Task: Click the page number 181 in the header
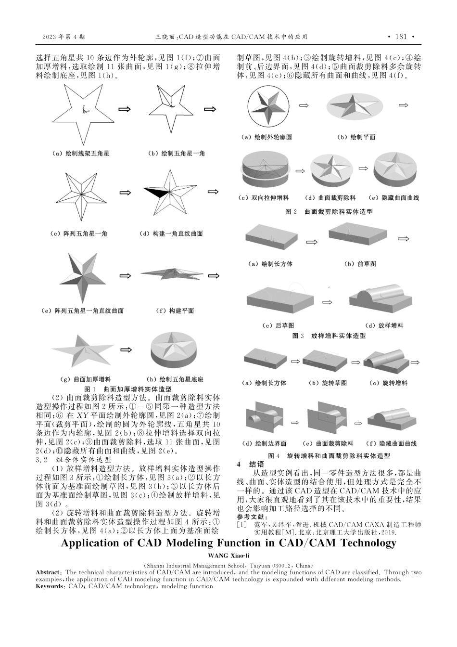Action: [x=400, y=37]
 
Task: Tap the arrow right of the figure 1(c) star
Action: [x=125, y=193]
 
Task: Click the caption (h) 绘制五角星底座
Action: [x=175, y=379]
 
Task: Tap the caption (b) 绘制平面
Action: [x=356, y=137]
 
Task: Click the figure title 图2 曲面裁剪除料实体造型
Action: [x=329, y=212]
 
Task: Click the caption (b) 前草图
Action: [x=360, y=264]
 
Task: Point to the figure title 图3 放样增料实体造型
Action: [x=329, y=336]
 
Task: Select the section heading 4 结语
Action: [x=251, y=465]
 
